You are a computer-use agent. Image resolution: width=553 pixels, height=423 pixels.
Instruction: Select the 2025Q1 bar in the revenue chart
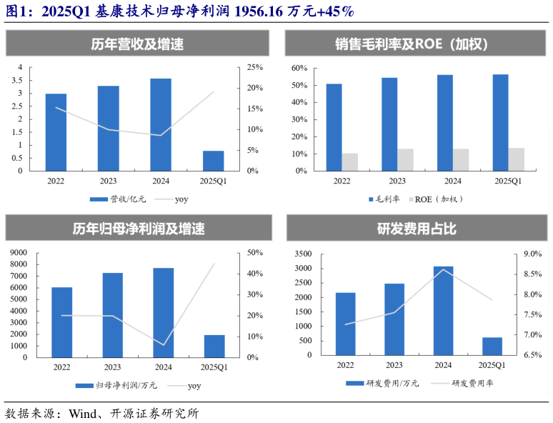pyautogui.click(x=213, y=161)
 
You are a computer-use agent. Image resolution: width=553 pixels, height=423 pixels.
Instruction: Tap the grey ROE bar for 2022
pyautogui.click(x=350, y=162)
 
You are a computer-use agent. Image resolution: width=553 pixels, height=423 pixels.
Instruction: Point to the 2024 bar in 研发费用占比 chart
pyautogui.click(x=443, y=311)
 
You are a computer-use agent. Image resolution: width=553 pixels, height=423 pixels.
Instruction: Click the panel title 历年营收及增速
pyautogui.click(x=138, y=44)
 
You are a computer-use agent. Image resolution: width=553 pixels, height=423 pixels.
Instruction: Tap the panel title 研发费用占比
pyautogui.click(x=417, y=229)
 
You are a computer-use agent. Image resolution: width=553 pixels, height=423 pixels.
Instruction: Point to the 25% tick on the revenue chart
pyautogui.click(x=255, y=67)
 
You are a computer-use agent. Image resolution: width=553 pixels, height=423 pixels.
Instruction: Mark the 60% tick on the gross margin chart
pyautogui.click(x=299, y=68)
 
